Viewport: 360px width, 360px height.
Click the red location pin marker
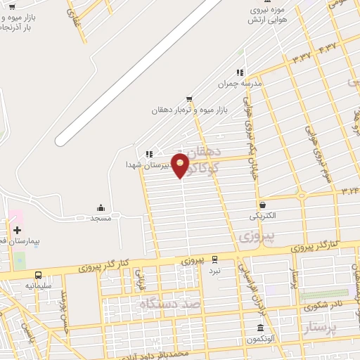point(180,165)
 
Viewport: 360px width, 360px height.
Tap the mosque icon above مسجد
point(101,207)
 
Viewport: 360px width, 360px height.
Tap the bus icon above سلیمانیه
point(38,275)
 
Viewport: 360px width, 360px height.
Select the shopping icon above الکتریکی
point(262,205)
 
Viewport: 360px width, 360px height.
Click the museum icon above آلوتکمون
point(261,328)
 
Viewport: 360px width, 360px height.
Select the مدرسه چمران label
point(239,83)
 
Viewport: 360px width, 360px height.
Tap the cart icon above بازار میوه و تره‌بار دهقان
point(189,99)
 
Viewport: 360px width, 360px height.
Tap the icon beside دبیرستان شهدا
point(148,154)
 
